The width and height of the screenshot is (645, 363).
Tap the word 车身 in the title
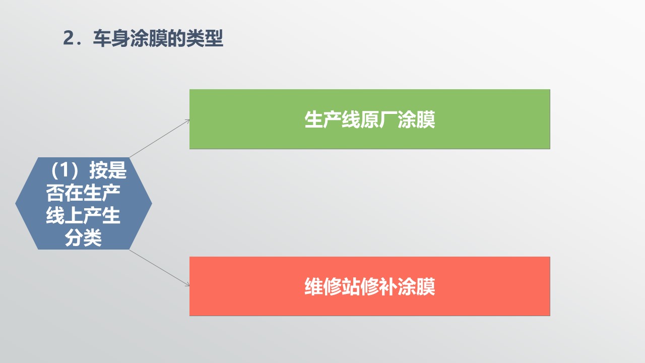point(111,38)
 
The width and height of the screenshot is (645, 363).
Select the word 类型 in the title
point(205,38)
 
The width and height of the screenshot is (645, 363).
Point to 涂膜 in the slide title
point(148,38)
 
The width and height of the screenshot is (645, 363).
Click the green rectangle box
point(370,119)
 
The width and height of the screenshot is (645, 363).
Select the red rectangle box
point(370,286)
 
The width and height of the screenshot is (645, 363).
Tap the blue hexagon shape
point(84,203)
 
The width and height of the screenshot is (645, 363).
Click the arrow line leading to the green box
point(160,139)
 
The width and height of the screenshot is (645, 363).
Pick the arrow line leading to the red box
point(160,268)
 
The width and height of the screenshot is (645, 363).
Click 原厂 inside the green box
point(370,119)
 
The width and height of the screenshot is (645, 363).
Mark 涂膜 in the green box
point(416,119)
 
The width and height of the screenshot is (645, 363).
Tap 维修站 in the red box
point(332,287)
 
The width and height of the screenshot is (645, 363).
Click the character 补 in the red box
point(388,287)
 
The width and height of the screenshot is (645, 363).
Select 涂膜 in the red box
point(416,287)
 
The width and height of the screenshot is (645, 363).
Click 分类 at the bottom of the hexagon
point(83,238)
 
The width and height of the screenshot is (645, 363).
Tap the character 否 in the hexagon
point(55,193)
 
